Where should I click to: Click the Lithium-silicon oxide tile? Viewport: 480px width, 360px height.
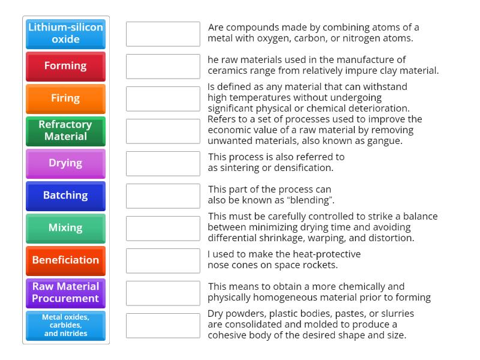tap(65, 34)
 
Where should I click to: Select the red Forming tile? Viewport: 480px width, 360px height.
tap(65, 66)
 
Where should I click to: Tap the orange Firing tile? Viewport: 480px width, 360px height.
tap(65, 98)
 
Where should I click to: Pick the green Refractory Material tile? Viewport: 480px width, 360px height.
tap(65, 131)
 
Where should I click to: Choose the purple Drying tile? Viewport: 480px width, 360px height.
tap(65, 163)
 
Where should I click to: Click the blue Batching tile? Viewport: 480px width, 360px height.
tap(65, 196)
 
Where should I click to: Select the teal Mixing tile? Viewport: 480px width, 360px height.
tap(65, 228)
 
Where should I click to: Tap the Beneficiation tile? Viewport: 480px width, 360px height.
tap(65, 260)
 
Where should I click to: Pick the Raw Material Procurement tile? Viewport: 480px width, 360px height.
tap(65, 293)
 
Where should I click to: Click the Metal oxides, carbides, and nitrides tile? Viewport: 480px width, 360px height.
tap(65, 325)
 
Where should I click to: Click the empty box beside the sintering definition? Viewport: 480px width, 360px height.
tap(163, 163)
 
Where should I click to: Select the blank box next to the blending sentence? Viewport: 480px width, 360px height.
tap(163, 196)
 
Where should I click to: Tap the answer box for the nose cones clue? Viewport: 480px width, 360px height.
tap(163, 260)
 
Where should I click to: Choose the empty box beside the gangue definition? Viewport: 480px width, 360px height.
tap(163, 131)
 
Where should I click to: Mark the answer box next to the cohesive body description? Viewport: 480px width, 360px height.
tap(163, 325)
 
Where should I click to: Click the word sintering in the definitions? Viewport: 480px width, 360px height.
tap(239, 168)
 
